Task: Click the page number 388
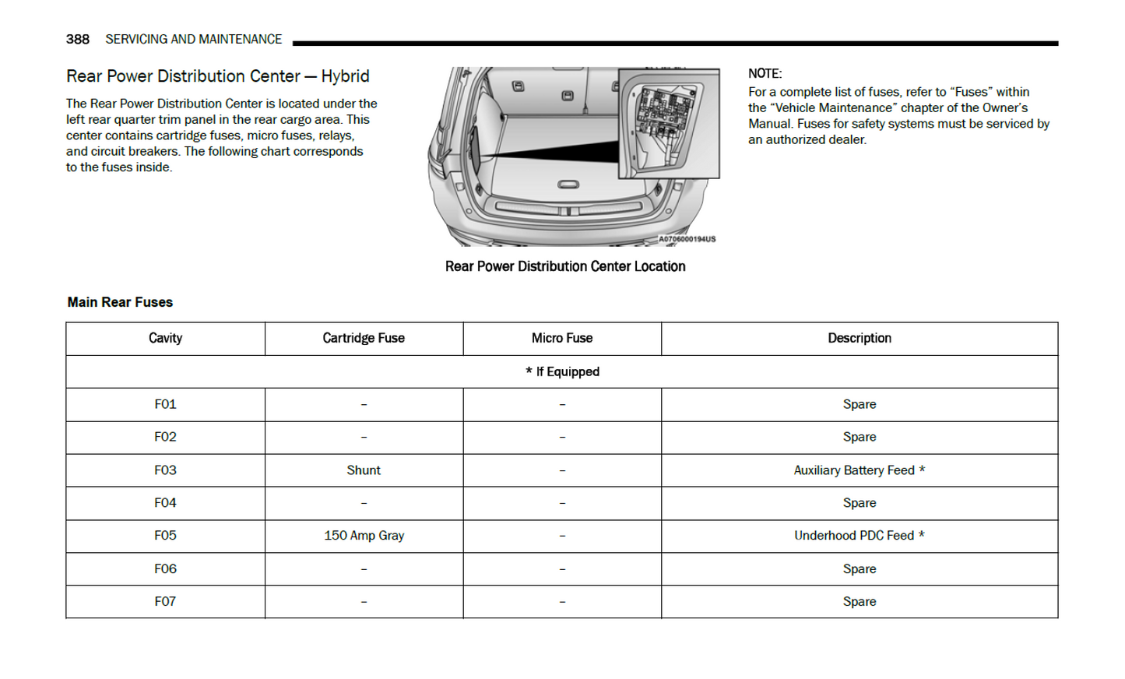click(x=77, y=39)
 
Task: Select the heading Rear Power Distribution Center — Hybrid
click(x=217, y=76)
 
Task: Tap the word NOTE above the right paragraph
click(x=765, y=73)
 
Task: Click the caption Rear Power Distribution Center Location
click(x=565, y=266)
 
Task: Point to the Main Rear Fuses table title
click(x=120, y=302)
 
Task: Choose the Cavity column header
click(x=165, y=338)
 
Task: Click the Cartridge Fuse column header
click(x=364, y=338)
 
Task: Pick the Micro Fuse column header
click(x=562, y=338)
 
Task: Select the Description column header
click(x=860, y=338)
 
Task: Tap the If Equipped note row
click(x=562, y=371)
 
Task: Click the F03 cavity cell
click(x=165, y=470)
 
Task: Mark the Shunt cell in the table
click(x=364, y=470)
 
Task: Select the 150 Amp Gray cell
click(x=364, y=536)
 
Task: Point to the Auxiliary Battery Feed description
click(x=859, y=470)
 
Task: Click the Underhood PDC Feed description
click(x=859, y=536)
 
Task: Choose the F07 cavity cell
click(x=165, y=601)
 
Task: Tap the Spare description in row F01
click(x=860, y=404)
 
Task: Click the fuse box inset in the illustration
click(x=668, y=123)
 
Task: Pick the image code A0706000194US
click(x=687, y=239)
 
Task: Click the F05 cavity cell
click(x=165, y=536)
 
